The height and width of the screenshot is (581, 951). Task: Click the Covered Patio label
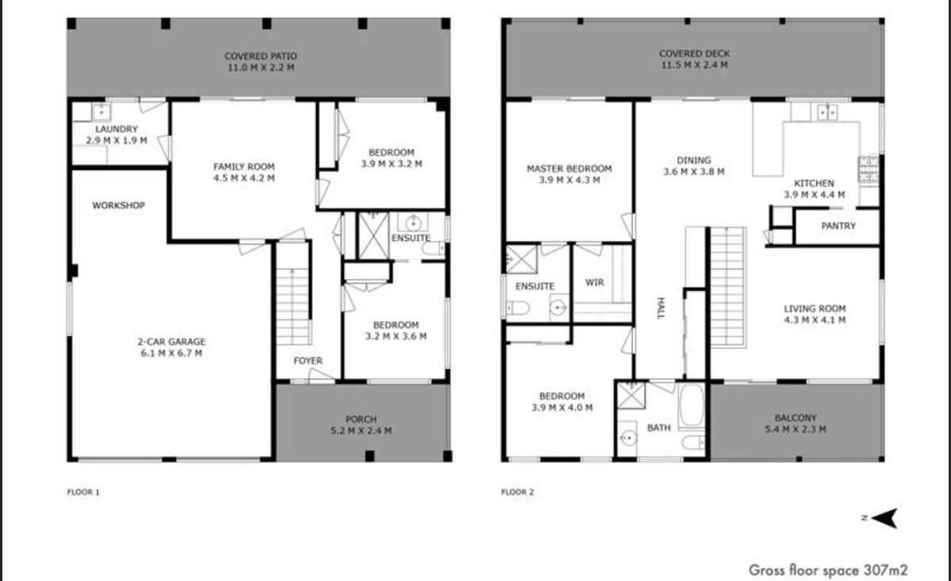coord(261,56)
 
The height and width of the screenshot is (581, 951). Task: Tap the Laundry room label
coord(116,129)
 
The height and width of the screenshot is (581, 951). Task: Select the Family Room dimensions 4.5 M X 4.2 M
coord(244,178)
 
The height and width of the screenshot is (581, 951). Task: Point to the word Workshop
coord(118,205)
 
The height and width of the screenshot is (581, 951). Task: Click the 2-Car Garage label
coord(171,342)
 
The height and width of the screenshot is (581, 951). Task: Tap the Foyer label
coord(307,361)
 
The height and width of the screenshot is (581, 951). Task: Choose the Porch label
coord(361,419)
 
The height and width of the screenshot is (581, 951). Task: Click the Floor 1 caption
coord(83,492)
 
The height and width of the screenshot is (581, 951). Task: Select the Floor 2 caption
coord(518,492)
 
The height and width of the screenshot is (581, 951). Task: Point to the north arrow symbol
coord(886,518)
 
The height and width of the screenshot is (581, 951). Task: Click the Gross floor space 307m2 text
coord(828,570)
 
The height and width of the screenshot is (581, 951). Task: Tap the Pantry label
coord(838,226)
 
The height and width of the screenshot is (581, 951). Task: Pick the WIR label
coord(594,282)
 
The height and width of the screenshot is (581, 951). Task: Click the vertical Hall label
coord(661,308)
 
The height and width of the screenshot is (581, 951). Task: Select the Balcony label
coord(796,418)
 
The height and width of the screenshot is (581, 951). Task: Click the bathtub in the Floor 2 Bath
coord(692,406)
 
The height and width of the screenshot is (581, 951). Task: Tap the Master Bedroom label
coord(569,169)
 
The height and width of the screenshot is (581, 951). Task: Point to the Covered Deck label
coord(694,54)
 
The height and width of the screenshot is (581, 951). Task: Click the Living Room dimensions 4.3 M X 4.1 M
coord(815,319)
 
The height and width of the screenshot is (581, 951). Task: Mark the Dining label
coord(693,161)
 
